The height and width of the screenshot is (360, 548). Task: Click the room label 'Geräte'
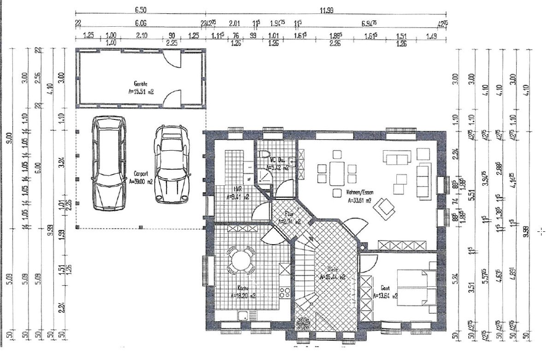click(141, 84)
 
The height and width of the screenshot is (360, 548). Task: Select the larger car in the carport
click(109, 163)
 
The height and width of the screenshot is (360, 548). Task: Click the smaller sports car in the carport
click(172, 165)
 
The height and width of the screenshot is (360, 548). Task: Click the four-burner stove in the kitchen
click(285, 291)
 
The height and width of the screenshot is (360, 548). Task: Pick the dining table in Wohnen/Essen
click(337, 172)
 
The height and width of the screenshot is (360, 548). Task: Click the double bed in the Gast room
click(417, 287)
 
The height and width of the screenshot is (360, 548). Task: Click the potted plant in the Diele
click(303, 323)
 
